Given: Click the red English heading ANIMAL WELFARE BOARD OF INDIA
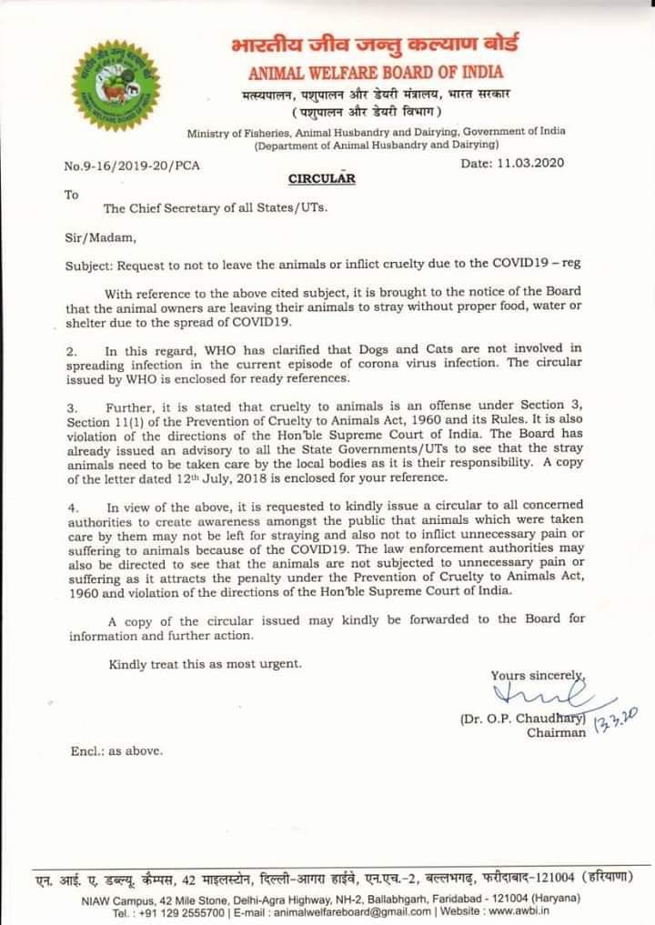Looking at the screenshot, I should [x=375, y=72].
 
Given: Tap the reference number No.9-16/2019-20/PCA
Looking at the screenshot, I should [x=133, y=166].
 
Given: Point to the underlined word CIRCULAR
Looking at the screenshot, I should [x=321, y=178].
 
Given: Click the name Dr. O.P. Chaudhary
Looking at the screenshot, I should [x=521, y=719].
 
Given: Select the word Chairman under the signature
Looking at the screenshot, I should [x=556, y=733].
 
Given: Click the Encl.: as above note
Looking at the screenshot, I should [x=116, y=751].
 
